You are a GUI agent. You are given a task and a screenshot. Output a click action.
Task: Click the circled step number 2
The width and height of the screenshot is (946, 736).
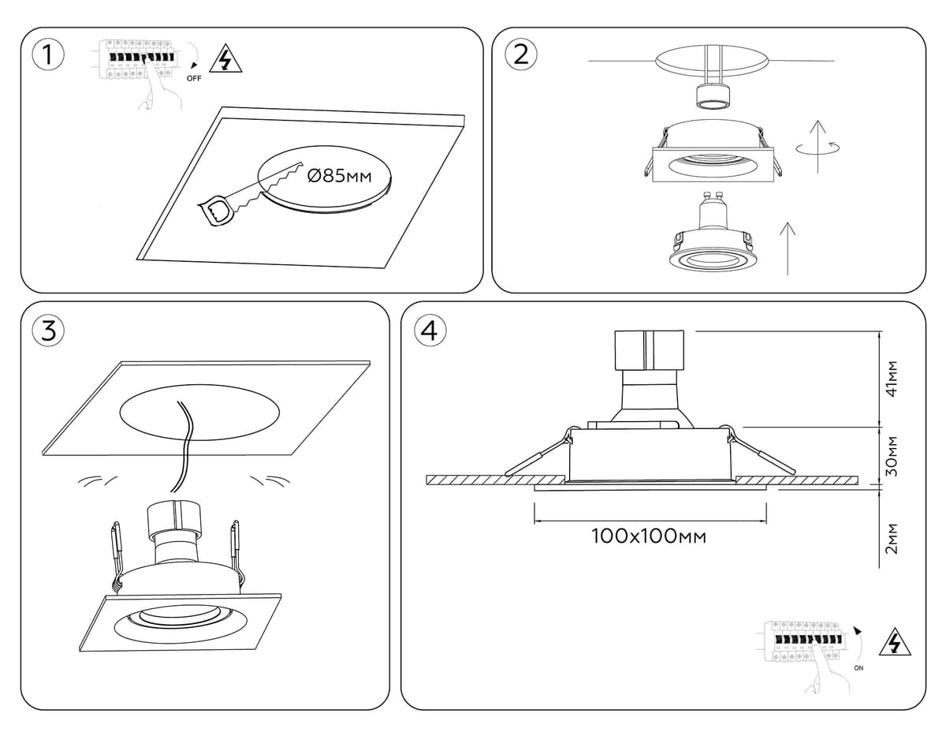click(520, 54)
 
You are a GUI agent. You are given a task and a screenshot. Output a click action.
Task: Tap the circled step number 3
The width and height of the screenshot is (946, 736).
click(49, 331)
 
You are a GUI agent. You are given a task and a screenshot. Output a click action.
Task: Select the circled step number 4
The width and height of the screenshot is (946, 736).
click(429, 331)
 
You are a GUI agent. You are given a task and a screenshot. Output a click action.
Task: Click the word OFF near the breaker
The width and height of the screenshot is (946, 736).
click(194, 79)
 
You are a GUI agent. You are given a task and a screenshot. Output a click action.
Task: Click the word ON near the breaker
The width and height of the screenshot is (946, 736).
click(858, 668)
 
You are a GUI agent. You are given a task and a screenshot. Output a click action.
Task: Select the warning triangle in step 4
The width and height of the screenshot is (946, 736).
click(894, 643)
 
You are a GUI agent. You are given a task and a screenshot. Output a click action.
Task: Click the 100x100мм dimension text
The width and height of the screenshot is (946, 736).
click(648, 537)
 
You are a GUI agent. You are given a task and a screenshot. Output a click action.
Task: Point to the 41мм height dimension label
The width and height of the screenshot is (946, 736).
click(892, 379)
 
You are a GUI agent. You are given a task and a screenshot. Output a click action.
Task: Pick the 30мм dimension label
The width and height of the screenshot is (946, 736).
click(892, 456)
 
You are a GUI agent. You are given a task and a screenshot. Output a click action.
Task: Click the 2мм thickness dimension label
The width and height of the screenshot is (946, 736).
click(892, 538)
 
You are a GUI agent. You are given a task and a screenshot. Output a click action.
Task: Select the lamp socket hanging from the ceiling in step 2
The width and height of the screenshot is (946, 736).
click(714, 96)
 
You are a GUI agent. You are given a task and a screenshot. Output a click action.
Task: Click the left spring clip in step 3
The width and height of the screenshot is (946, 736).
click(117, 552)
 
